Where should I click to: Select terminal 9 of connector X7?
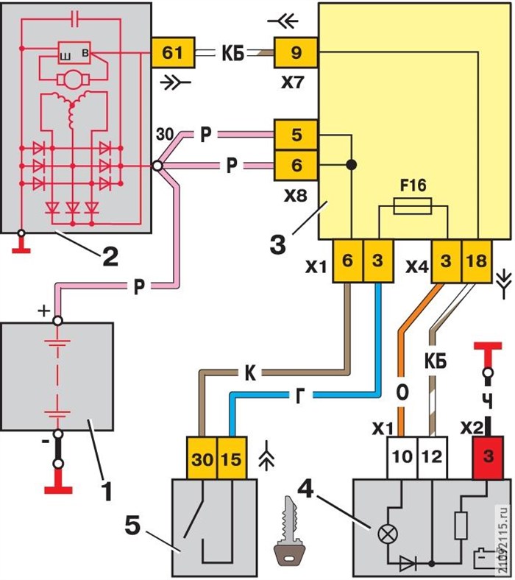(x=296, y=53)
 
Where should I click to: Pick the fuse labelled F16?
(x=413, y=210)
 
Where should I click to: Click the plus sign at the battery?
(x=45, y=313)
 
